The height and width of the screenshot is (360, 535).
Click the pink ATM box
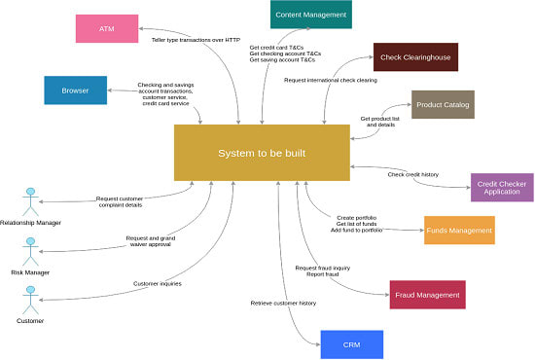(x=107, y=28)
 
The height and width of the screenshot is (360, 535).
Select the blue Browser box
(x=75, y=90)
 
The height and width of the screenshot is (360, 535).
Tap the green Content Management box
(x=310, y=15)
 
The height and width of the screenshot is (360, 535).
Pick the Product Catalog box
(x=443, y=104)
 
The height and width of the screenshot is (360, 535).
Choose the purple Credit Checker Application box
(x=502, y=187)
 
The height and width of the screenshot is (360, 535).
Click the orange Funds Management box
(x=459, y=230)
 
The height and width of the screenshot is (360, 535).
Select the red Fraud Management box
(x=427, y=294)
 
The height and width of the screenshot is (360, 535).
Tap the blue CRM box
(x=351, y=344)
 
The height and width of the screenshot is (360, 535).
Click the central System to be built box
(x=262, y=153)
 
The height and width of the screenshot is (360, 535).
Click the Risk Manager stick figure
(x=30, y=250)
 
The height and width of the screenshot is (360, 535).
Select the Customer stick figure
(x=29, y=299)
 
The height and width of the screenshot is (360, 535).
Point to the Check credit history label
(x=412, y=174)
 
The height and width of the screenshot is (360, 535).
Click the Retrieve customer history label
(x=283, y=304)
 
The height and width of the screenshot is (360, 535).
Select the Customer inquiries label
(x=157, y=283)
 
